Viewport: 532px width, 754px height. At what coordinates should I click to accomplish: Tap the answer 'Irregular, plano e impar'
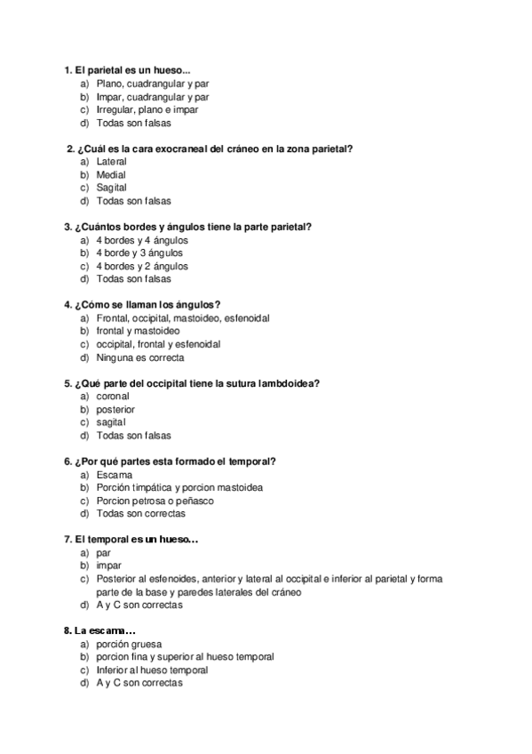147,110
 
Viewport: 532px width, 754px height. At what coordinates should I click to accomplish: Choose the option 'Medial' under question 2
111,175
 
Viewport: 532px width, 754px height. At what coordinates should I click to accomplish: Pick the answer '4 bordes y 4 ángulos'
141,240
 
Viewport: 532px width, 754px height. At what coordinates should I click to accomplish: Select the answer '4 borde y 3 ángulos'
139,253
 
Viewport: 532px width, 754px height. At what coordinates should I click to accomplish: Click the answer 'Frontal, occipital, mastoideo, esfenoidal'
183,318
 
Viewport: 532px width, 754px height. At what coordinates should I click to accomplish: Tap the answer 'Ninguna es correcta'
139,357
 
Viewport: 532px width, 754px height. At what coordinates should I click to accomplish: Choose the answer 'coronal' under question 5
113,397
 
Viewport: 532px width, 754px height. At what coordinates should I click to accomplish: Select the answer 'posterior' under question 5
115,410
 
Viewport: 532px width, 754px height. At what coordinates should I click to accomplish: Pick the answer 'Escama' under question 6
114,475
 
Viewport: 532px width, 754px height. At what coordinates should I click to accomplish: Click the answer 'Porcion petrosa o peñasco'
155,501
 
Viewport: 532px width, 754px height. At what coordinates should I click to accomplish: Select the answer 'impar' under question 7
109,565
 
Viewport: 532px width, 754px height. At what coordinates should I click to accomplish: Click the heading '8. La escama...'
99,630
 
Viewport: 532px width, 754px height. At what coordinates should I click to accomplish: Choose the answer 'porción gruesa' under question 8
130,644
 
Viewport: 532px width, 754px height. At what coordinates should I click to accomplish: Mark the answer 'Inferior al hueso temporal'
152,670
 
